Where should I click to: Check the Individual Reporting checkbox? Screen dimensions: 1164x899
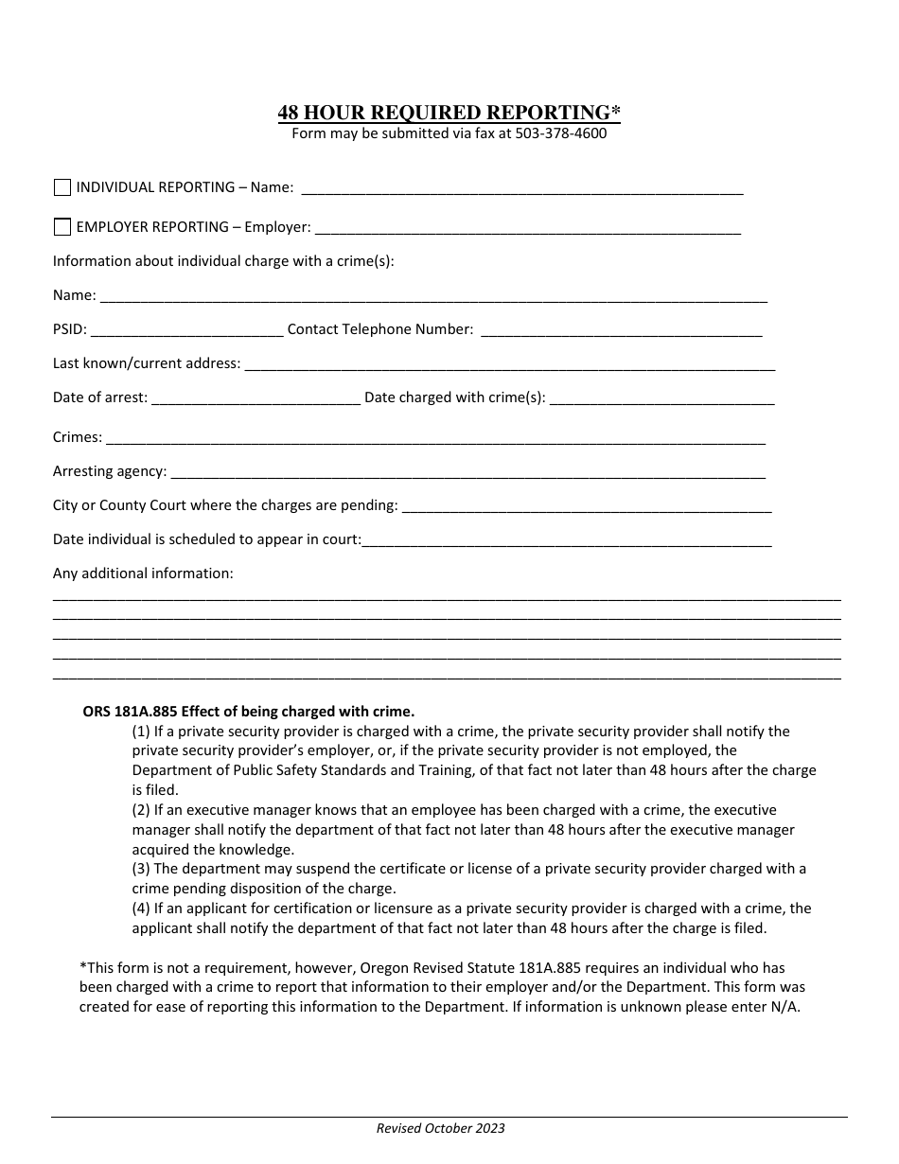coord(62,187)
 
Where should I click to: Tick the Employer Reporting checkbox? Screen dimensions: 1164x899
coord(62,227)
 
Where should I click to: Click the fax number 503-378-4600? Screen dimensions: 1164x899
coord(560,133)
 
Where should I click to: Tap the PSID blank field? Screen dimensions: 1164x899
coord(186,330)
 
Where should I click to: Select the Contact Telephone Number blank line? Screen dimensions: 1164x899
coord(621,330)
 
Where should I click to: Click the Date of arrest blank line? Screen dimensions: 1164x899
coord(256,398)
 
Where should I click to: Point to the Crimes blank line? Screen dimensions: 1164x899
coord(435,438)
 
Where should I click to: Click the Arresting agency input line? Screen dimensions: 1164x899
coord(467,472)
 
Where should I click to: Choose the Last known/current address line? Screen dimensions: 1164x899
coord(510,364)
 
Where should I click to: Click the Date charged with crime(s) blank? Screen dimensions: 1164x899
coord(661,398)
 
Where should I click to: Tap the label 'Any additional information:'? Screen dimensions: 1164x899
coord(143,573)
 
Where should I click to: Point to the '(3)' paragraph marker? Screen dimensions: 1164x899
coord(141,869)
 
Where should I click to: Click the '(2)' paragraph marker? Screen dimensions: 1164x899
coord(141,810)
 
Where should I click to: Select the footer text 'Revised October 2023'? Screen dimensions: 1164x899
coord(440,1128)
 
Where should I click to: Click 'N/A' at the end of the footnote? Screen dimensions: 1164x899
coord(785,1007)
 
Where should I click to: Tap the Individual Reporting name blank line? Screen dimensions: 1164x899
coord(521,188)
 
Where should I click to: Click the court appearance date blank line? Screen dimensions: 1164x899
coord(567,540)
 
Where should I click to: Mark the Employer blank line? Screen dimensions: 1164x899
coord(527,228)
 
